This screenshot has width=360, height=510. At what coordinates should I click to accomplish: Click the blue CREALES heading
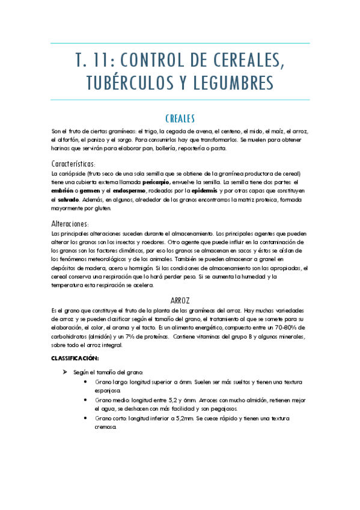tap(180, 118)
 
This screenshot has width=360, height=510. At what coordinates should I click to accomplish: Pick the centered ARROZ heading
tap(180, 299)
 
